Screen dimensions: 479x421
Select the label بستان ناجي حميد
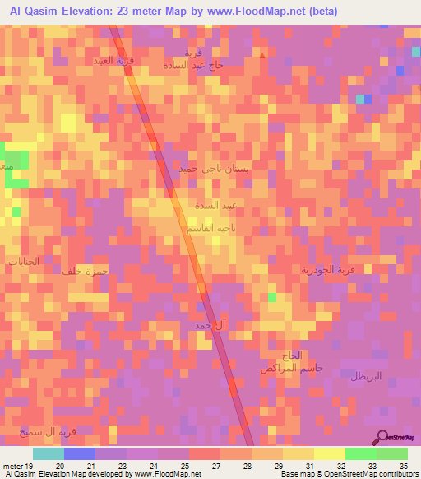214,168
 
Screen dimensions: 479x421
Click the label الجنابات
23,262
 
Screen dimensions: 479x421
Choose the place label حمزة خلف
85,270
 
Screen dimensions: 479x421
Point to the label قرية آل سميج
49,431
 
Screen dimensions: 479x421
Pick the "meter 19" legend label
17,465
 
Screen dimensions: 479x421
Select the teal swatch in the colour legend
49,453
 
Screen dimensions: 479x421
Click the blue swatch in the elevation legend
80,453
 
